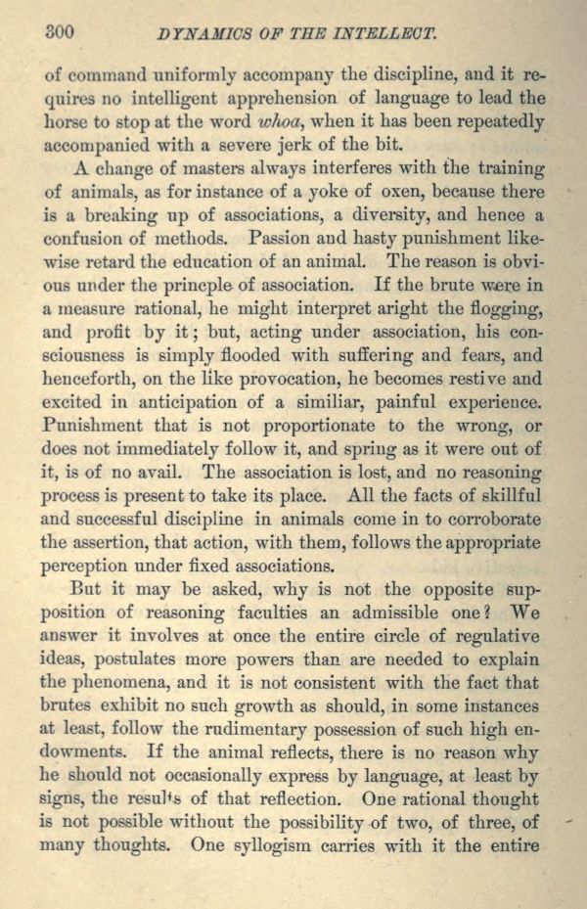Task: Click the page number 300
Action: click(61, 31)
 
